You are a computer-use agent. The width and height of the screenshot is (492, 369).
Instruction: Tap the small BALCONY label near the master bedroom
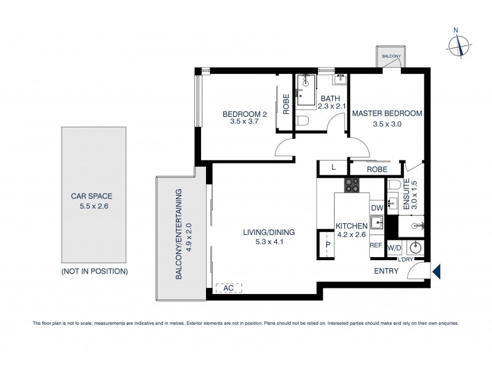[x=391, y=57]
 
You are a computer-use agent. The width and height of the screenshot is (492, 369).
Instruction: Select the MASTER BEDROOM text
[x=387, y=114]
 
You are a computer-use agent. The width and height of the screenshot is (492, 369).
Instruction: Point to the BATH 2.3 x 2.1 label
[x=330, y=102]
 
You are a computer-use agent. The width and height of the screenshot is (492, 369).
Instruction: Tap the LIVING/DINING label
[x=269, y=237]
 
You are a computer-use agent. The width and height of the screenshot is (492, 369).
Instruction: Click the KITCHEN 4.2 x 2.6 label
[x=351, y=230]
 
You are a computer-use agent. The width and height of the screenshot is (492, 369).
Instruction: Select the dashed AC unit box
[x=229, y=287]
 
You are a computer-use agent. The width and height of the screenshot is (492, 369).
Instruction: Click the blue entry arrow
[x=436, y=271]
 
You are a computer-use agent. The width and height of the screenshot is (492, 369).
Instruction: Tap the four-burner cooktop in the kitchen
[x=351, y=185]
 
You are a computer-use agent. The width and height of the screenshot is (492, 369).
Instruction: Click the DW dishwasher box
[x=376, y=208]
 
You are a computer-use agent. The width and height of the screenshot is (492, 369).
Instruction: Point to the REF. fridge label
[x=376, y=245]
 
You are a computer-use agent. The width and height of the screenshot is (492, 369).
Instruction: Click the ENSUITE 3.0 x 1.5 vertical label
[x=417, y=195]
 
